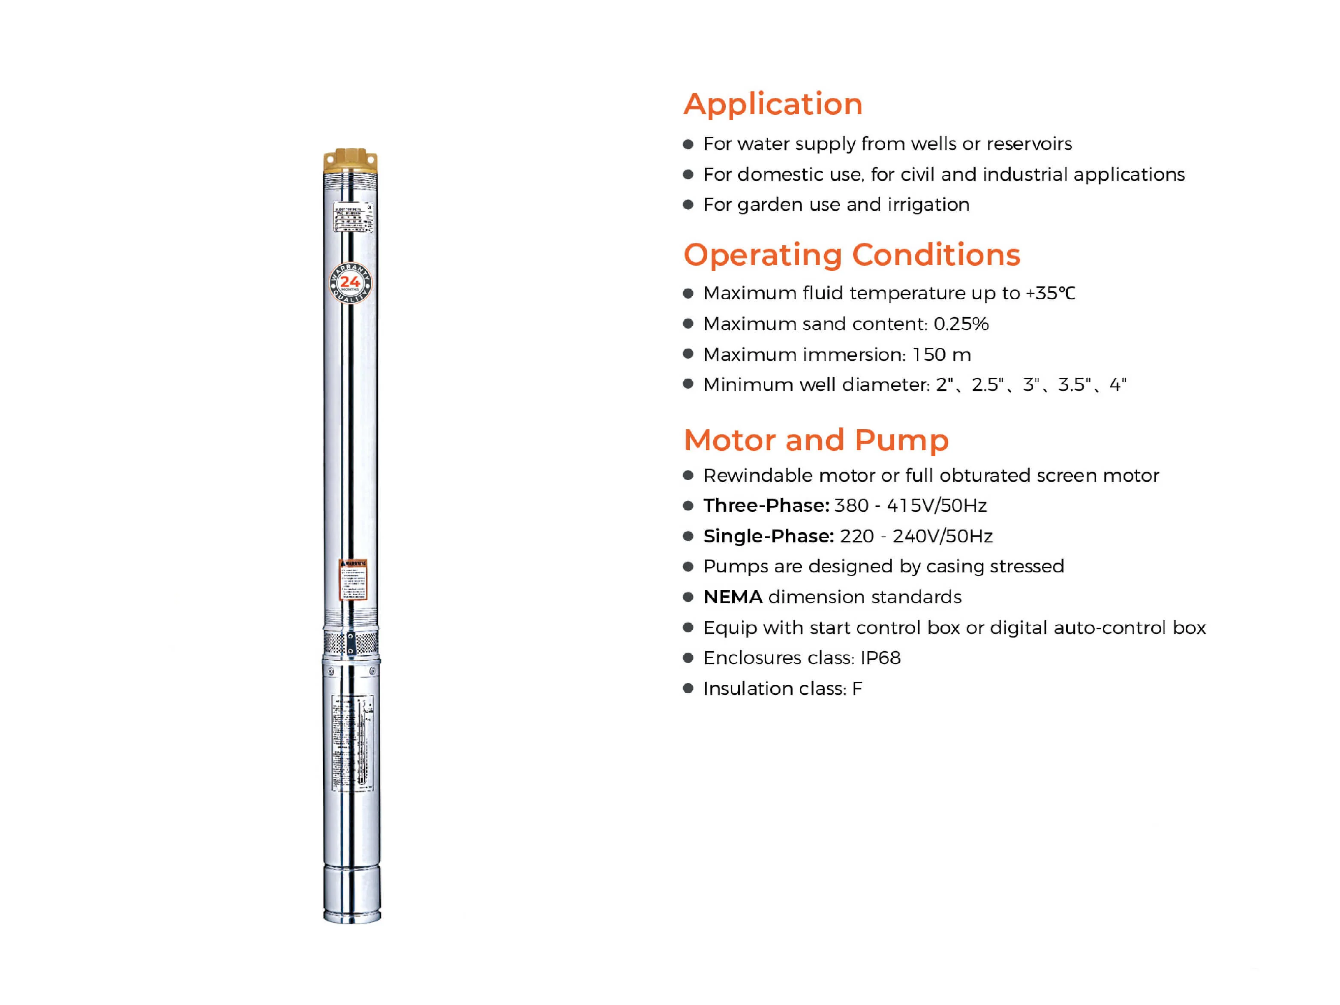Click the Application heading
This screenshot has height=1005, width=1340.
(772, 104)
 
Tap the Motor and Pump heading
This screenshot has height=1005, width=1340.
(815, 440)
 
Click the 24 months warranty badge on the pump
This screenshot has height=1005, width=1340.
(350, 283)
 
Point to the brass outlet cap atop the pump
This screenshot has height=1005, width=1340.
(350, 159)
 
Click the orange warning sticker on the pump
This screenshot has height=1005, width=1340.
(352, 579)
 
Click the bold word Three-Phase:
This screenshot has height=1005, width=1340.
(766, 505)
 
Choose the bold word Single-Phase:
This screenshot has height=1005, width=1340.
(768, 536)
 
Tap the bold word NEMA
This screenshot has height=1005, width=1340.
(733, 597)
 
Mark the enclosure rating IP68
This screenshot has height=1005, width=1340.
(880, 658)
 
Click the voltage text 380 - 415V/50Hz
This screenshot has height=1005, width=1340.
(910, 505)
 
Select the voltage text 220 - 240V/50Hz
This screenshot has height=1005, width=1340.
(915, 536)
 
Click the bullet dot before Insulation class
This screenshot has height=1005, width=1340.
(688, 688)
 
